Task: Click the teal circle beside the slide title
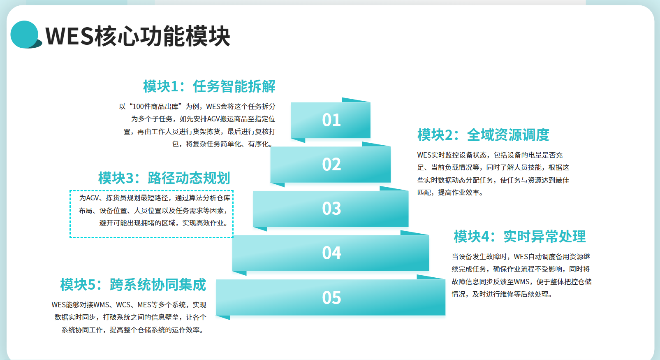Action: click(24, 34)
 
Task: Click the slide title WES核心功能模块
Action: click(138, 36)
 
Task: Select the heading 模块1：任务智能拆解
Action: click(209, 86)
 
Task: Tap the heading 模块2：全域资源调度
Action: click(483, 135)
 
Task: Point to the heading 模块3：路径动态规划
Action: click(164, 178)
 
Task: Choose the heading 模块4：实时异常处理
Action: click(520, 237)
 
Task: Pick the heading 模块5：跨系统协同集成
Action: click(133, 285)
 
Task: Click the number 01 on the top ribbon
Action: click(331, 120)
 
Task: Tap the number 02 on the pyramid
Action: click(331, 164)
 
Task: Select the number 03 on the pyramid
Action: click(331, 209)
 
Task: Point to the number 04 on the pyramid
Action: click(331, 253)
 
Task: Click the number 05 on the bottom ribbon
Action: click(331, 297)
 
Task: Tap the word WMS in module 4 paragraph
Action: click(522, 282)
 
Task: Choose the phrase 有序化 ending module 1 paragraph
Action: click(258, 144)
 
